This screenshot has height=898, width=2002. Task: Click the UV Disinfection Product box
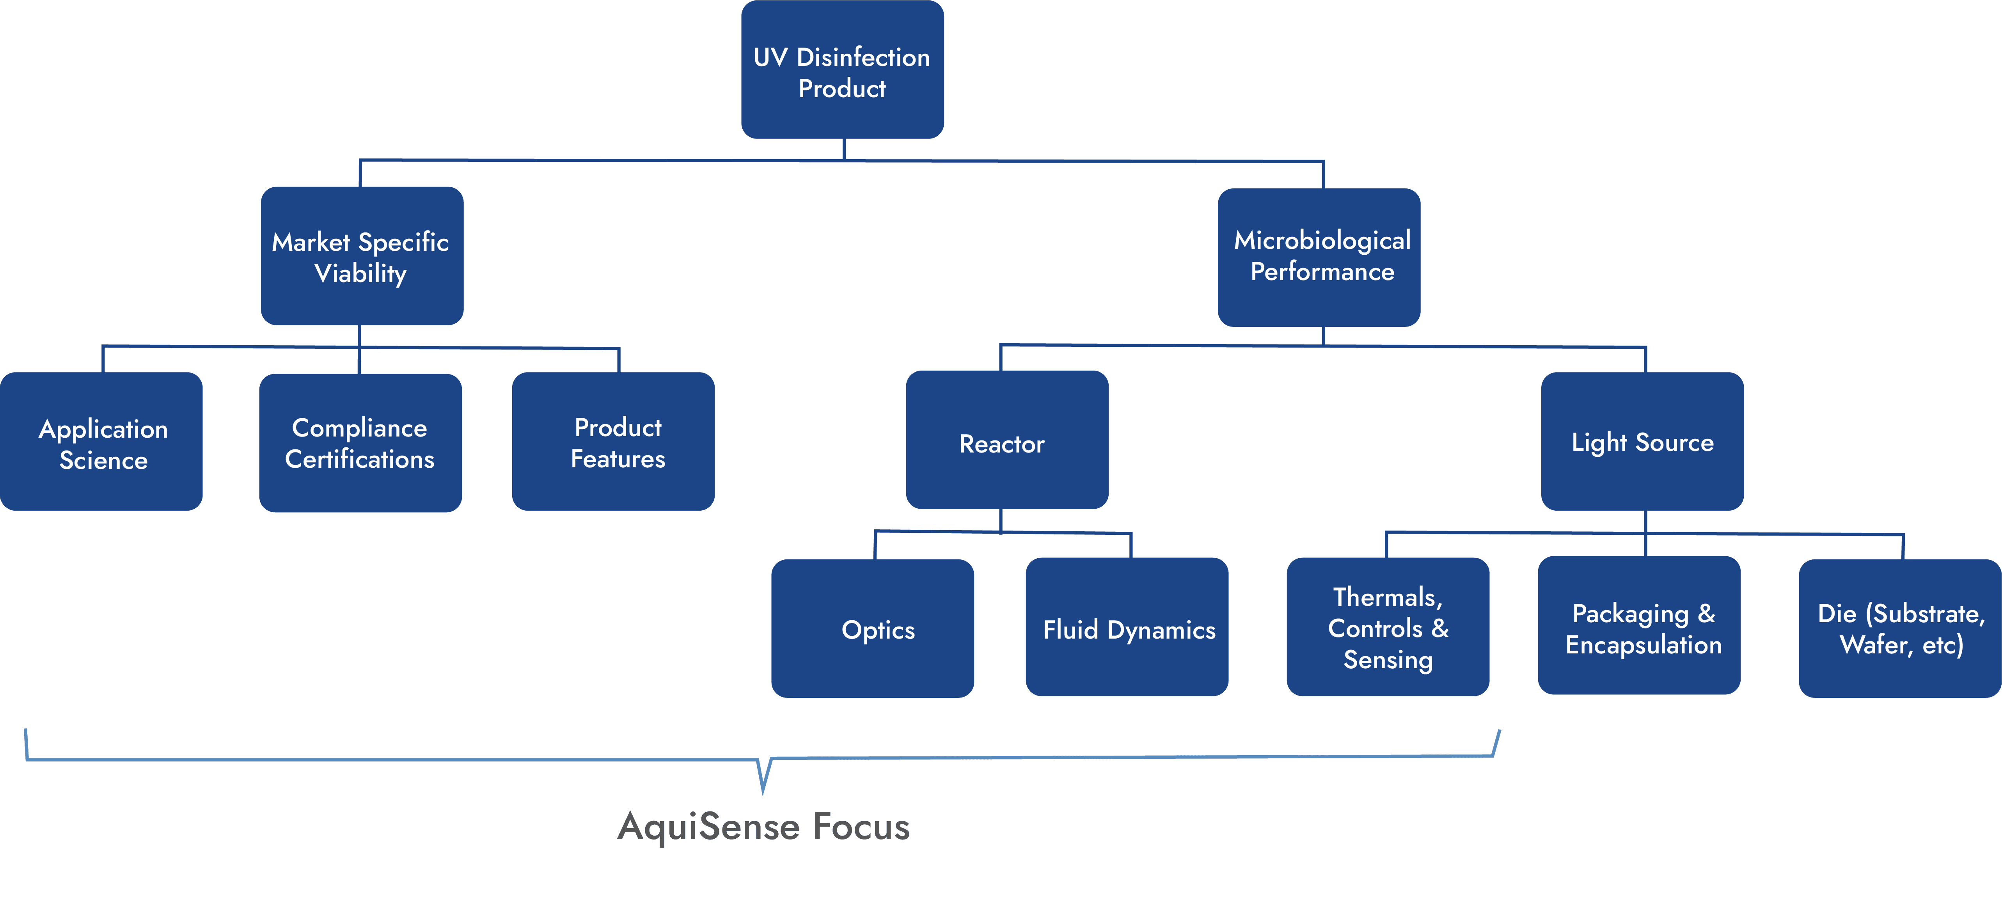(x=843, y=69)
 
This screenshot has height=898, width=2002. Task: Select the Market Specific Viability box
(x=362, y=256)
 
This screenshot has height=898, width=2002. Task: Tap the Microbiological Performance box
(x=1319, y=257)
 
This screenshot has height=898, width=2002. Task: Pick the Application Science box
(x=101, y=442)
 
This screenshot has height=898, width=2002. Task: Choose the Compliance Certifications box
(x=360, y=443)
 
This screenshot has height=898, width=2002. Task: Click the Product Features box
(x=613, y=442)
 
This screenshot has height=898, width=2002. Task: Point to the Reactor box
(x=1007, y=440)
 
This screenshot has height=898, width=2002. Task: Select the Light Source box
(x=1642, y=442)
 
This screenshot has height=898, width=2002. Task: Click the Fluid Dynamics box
(x=1127, y=626)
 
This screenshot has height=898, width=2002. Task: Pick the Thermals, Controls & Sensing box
(x=1388, y=626)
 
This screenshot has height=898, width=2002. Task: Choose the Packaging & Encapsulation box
(x=1639, y=625)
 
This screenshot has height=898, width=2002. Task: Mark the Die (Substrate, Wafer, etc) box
(x=1900, y=628)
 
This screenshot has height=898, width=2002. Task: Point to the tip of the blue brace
(x=763, y=793)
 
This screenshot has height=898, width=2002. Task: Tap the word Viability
(x=360, y=274)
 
